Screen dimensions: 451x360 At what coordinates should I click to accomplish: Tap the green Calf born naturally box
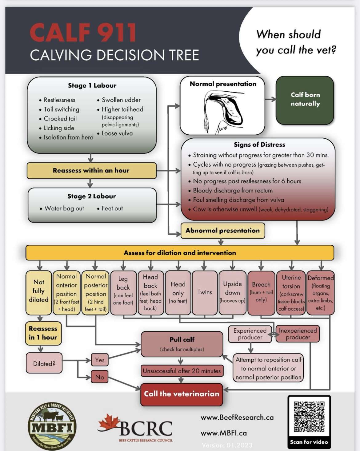coord(305,100)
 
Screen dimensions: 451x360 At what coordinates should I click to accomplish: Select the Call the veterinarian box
coord(182,394)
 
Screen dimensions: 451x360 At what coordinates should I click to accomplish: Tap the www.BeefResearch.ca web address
coord(237,417)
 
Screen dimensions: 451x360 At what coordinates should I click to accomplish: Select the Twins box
coord(205,292)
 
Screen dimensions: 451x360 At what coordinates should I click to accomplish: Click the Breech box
coord(261,292)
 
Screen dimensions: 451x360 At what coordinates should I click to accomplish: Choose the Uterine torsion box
coord(291,292)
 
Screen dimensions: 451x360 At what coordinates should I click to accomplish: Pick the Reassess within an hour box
coord(91,171)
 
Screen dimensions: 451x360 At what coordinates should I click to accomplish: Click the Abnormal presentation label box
coord(222,231)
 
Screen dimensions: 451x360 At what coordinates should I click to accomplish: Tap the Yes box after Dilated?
coord(100,360)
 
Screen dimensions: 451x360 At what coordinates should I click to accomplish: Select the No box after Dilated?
coord(99,377)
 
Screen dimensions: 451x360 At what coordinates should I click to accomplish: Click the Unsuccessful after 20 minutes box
coord(182,371)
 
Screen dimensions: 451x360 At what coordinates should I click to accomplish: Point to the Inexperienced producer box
coord(298,334)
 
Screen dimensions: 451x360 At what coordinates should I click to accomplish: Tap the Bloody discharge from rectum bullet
coord(233,191)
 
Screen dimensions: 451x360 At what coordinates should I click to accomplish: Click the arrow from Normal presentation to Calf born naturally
coord(270,99)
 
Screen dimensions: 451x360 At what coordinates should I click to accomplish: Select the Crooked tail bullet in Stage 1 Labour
coord(60,119)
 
